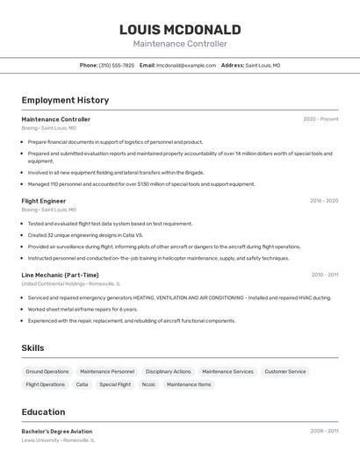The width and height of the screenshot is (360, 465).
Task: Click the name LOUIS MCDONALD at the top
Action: point(180,30)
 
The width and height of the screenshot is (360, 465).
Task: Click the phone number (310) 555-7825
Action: point(117,66)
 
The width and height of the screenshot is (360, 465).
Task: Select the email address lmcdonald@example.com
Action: point(186,66)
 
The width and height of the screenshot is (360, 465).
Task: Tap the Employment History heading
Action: point(65,100)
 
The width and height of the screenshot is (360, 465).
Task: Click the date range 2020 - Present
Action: point(320,119)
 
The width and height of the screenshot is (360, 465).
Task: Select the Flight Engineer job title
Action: point(44,201)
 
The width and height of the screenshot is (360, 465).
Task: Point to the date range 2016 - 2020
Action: point(323,201)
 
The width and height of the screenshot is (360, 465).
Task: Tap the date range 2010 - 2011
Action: point(324,275)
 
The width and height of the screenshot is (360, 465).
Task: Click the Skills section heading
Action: point(32,348)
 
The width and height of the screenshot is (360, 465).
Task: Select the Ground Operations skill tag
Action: point(47,372)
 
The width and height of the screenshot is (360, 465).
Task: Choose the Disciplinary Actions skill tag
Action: point(168,372)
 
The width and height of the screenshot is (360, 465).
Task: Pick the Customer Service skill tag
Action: point(285,372)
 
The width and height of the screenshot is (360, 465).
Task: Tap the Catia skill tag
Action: point(82,384)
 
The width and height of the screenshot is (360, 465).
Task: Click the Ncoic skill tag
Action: point(148,384)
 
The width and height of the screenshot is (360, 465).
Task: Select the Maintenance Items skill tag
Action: point(189,384)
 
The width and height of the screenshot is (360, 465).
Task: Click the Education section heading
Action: point(43,411)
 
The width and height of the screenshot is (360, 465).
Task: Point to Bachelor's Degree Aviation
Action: point(57,432)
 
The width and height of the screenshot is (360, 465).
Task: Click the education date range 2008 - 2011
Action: point(324,432)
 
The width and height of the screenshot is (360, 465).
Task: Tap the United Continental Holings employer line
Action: point(71,284)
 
